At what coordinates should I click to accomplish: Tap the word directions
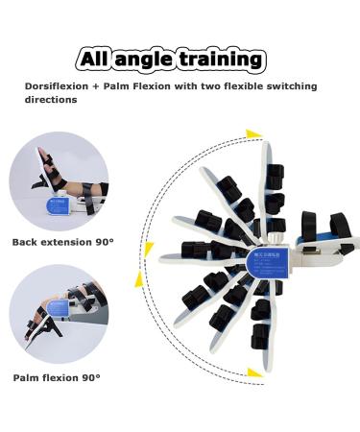51,100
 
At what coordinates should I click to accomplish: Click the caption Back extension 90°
63,242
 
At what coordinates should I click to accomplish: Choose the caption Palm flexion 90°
57,378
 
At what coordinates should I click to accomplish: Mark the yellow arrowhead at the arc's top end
252,134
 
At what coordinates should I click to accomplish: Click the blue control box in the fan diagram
257,257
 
